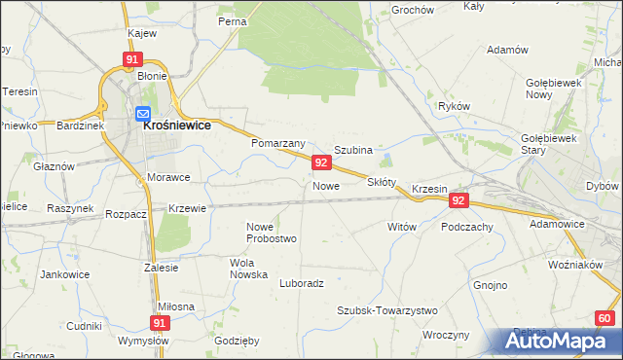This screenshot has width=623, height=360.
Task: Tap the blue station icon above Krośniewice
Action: pyautogui.click(x=143, y=113)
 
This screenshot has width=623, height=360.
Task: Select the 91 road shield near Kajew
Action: pyautogui.click(x=131, y=59)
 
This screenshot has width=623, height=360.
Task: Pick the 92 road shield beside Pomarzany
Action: pyautogui.click(x=319, y=162)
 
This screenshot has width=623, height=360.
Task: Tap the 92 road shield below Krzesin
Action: pyautogui.click(x=459, y=200)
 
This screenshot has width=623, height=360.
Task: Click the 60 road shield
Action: pyautogui.click(x=605, y=318)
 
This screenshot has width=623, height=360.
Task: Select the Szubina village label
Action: pyautogui.click(x=353, y=150)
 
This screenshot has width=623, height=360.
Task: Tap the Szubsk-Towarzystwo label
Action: pyautogui.click(x=387, y=310)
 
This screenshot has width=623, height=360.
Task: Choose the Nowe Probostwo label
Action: pyautogui.click(x=272, y=233)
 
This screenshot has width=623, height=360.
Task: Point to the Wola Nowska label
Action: pyautogui.click(x=248, y=269)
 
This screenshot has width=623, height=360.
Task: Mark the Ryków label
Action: pyautogui.click(x=455, y=105)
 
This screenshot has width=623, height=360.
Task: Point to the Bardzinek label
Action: pyautogui.click(x=79, y=126)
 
